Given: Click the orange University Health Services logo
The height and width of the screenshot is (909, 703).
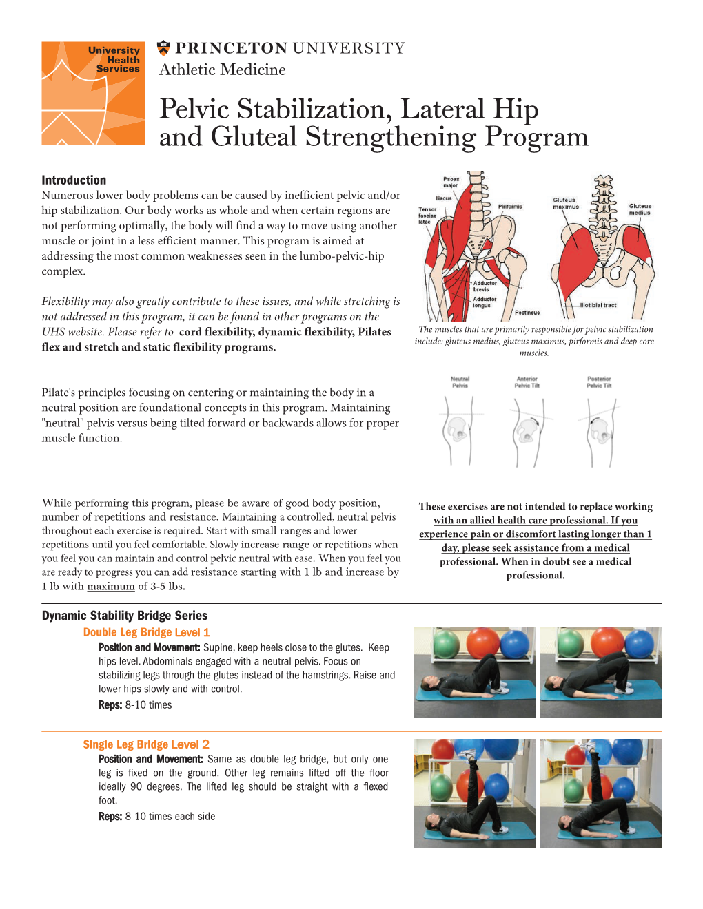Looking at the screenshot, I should tap(93, 93).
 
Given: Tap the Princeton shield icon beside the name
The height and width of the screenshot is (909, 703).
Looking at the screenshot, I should tap(163, 48).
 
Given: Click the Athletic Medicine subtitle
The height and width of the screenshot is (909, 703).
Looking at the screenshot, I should tap(222, 70).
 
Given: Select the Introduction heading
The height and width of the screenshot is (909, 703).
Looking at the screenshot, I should tap(74, 180).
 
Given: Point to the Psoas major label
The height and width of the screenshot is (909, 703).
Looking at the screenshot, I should tap(450, 182).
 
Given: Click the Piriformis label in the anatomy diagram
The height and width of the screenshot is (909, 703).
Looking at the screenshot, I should tap(510, 206).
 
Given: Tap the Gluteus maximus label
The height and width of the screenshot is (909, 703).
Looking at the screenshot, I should tap(566, 203).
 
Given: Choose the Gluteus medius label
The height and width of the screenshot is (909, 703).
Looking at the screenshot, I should tap(640, 209).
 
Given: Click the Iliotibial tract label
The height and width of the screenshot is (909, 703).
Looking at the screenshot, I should tap(598, 305).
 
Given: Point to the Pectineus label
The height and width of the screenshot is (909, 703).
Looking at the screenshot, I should tap(527, 313).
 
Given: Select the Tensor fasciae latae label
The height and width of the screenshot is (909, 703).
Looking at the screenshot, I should tap(427, 216).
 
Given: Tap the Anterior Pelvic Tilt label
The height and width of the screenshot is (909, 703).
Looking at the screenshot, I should tap(527, 382).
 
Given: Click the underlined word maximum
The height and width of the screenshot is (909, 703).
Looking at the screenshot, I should tap(111, 587).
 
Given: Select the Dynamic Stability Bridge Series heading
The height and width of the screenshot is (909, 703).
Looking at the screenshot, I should tap(125, 616).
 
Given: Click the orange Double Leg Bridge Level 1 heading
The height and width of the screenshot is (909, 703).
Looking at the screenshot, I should tap(146, 632).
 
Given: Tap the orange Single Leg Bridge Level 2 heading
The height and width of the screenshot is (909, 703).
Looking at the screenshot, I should tap(146, 744).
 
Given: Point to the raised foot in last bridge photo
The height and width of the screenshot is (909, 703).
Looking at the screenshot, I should tap(589, 746).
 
